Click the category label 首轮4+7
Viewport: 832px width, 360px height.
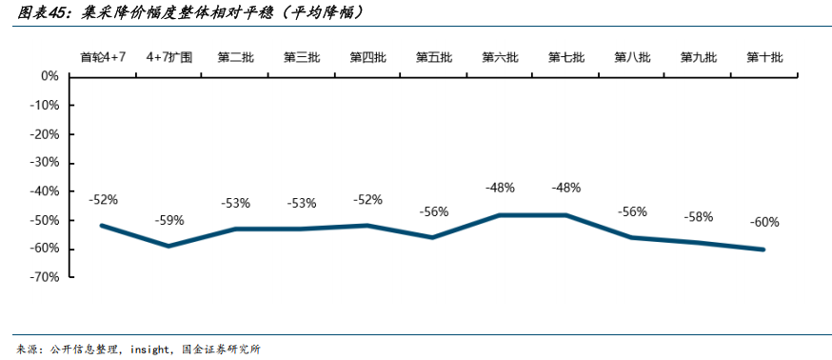103,57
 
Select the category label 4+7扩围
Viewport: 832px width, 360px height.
169,57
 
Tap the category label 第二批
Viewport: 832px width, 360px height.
235,57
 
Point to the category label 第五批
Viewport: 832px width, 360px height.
433,57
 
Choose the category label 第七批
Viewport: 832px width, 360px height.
565,57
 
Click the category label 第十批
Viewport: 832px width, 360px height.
764,57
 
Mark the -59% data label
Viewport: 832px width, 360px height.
169,221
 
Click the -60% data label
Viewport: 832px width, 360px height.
764,223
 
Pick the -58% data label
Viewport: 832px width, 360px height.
698,217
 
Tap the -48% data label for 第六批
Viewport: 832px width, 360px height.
500,189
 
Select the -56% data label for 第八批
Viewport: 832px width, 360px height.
632,211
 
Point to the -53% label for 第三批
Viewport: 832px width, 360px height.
302,203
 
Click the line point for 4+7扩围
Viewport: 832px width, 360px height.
169,246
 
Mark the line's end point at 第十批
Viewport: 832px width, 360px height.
763,250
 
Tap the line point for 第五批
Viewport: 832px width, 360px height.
433,237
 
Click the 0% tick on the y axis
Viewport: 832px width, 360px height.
50,75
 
